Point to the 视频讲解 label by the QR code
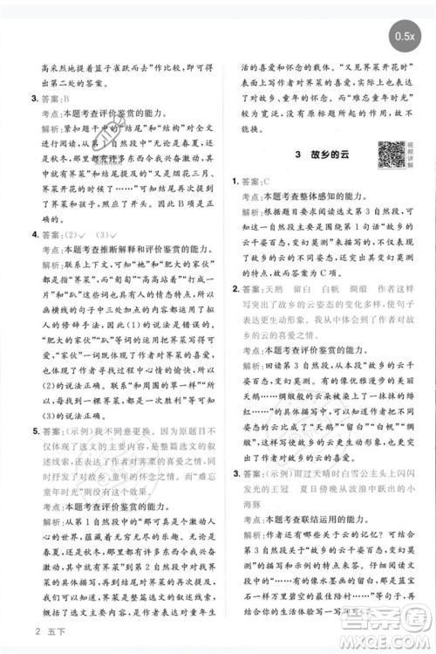pyautogui.click(x=409, y=154)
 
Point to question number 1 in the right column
pyautogui.click(x=235, y=182)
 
